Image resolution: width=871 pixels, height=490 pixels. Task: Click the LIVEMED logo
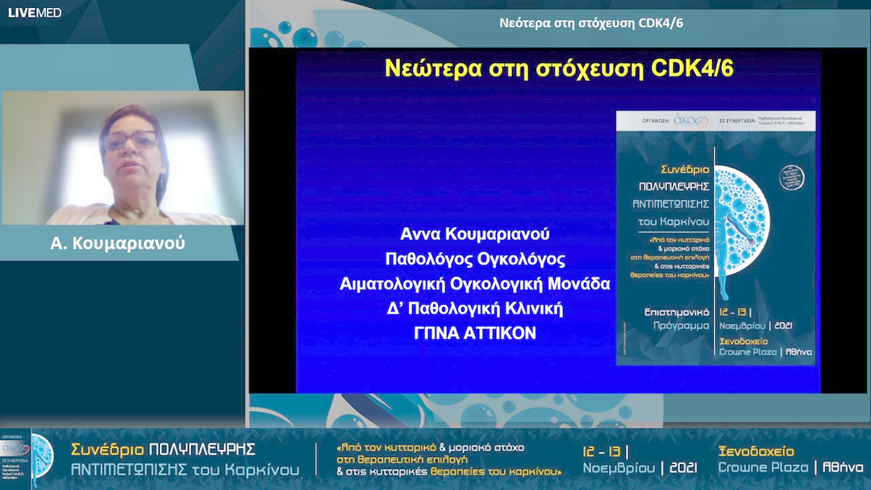coord(35,12)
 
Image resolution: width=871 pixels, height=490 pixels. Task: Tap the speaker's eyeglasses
coord(129,141)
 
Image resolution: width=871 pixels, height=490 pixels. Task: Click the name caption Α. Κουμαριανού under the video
coord(118,243)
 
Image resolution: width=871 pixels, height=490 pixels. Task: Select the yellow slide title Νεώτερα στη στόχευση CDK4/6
coord(558,69)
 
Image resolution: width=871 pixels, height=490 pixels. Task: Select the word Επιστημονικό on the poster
coord(666,309)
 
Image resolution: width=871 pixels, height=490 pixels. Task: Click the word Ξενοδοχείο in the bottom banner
coord(756,451)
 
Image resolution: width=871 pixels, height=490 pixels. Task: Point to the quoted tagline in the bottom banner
coord(448,459)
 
